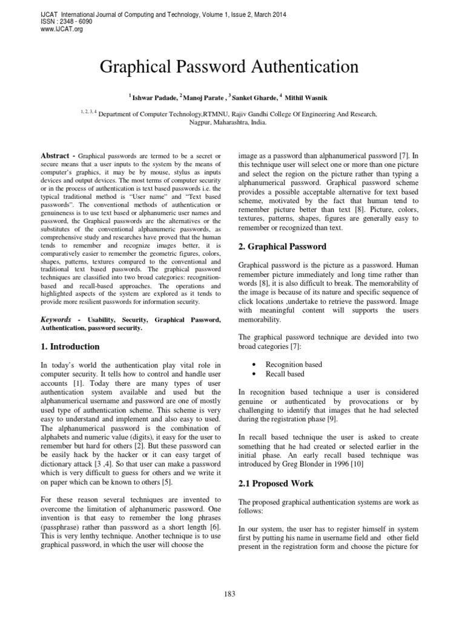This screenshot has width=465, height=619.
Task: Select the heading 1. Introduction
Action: click(70, 346)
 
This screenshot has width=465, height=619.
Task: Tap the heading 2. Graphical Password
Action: click(283, 247)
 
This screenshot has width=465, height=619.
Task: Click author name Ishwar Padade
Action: click(154, 97)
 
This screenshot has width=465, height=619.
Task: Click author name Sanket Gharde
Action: click(260, 97)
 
